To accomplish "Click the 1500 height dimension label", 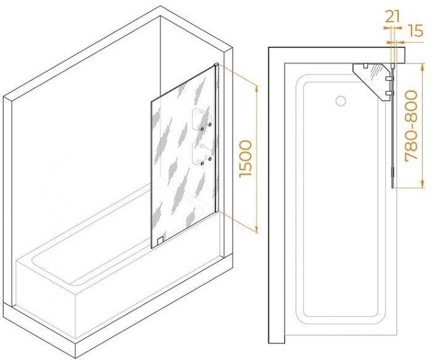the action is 246,158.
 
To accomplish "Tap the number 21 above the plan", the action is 393,17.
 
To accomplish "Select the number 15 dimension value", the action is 415,31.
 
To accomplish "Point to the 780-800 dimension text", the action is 412,125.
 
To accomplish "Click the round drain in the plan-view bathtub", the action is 341,100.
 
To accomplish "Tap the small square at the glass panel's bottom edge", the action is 160,242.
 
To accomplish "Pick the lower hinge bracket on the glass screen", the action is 202,154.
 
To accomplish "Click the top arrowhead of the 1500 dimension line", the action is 257,88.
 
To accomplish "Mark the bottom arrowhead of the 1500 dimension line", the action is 257,229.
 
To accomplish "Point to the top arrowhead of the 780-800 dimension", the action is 422,67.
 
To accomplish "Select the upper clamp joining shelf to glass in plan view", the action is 389,78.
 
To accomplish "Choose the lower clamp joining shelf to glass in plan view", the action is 389,92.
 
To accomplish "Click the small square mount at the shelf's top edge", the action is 365,66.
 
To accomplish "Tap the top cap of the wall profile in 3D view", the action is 217,65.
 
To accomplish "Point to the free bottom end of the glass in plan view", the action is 393,187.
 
